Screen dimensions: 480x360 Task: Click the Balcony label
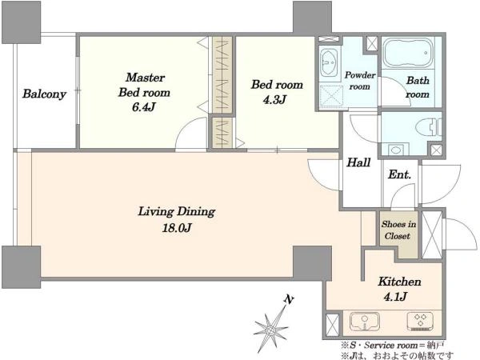click(44, 94)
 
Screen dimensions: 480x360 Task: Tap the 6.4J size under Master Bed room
click(144, 107)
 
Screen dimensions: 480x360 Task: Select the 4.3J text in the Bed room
click(274, 99)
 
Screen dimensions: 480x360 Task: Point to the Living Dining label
click(177, 211)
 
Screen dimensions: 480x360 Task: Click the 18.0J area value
click(177, 228)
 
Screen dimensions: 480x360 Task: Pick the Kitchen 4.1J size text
click(395, 296)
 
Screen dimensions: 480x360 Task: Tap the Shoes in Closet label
click(398, 230)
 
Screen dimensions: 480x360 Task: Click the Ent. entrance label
click(399, 174)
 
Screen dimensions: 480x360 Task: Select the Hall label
click(358, 162)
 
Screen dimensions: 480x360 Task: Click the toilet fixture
click(429, 126)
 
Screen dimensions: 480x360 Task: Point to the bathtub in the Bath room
click(408, 52)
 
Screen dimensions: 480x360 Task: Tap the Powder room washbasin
click(329, 62)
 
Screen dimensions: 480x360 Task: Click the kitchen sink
click(365, 322)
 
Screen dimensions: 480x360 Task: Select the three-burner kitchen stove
click(420, 321)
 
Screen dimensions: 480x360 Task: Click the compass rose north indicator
click(271, 330)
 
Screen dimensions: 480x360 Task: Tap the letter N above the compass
click(288, 300)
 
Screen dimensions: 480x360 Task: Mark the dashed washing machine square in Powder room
click(330, 96)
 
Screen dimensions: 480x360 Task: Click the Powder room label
click(360, 81)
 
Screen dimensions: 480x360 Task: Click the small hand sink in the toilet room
click(396, 150)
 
